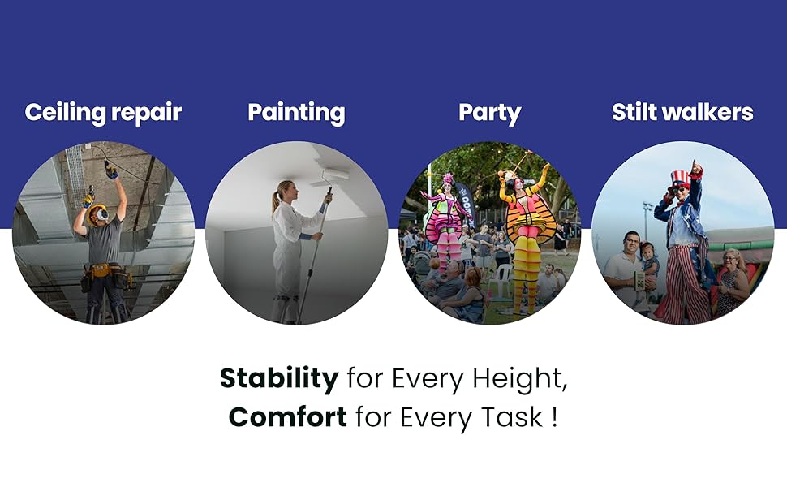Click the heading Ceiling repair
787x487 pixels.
[103, 113]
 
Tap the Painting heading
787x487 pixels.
[296, 113]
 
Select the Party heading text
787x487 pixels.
[489, 113]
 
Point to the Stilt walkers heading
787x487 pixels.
[682, 112]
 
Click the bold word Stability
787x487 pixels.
[279, 378]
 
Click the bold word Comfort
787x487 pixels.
[287, 416]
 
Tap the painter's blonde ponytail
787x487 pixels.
[275, 200]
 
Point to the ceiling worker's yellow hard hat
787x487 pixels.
[98, 214]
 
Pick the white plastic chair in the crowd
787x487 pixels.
[503, 278]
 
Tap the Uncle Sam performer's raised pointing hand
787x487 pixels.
[695, 169]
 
